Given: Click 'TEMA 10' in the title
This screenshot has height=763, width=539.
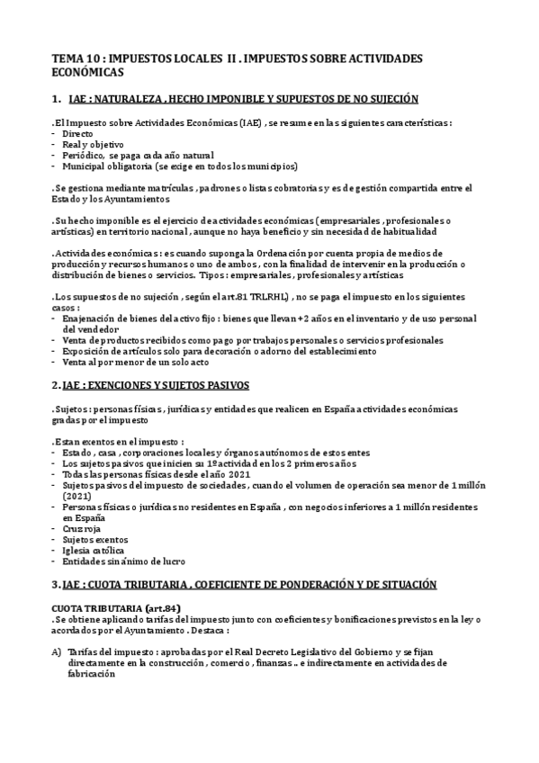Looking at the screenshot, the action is coord(73,58).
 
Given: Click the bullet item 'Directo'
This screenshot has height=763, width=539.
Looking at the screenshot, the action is coord(77,133).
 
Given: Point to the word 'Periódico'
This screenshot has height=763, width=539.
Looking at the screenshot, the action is coord(85,155).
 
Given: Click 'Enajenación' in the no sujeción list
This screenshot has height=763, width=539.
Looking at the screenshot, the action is coord(91,319).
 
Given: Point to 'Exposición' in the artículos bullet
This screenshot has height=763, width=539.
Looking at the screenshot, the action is coord(88,351).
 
